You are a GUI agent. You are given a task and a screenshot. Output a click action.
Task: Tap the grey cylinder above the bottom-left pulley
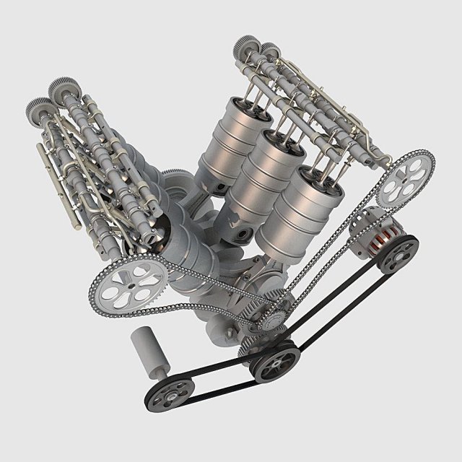(149, 350)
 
